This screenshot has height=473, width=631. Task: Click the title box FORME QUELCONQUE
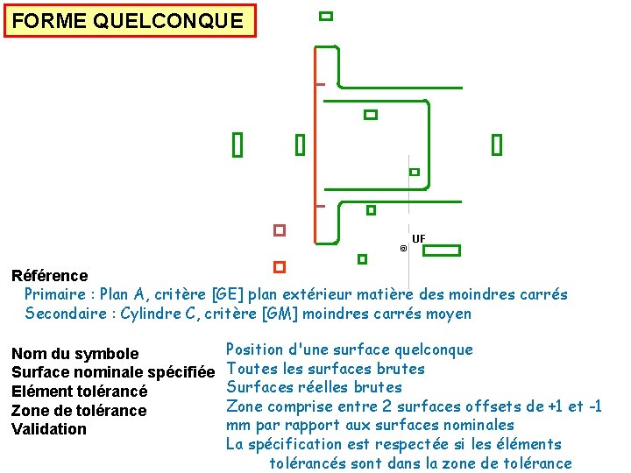tap(130, 21)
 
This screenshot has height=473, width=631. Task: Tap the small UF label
tap(418, 238)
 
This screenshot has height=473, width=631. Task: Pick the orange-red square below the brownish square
tap(280, 266)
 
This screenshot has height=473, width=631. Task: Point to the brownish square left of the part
tap(280, 230)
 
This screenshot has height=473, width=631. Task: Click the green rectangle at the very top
tap(326, 16)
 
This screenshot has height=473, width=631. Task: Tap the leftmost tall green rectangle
tap(237, 145)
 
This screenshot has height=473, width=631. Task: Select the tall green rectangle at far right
tap(497, 145)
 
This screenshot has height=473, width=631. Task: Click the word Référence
tap(50, 276)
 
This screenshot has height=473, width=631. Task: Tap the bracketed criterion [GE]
tap(243, 294)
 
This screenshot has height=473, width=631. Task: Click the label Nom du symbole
tap(74, 354)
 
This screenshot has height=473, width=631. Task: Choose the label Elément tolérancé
tap(79, 392)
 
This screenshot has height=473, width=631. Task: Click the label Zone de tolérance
tap(79, 411)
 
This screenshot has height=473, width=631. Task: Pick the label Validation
tap(49, 429)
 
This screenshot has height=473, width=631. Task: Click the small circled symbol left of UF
tap(403, 249)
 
